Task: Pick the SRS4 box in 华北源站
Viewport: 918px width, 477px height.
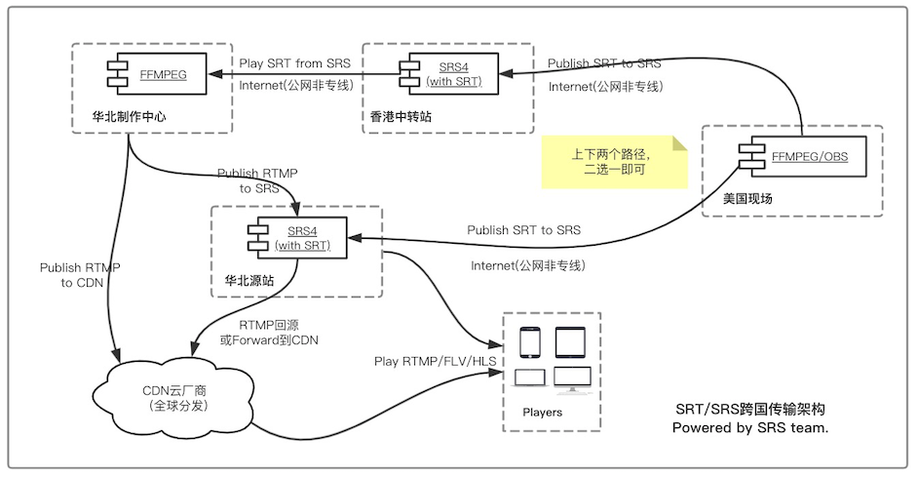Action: pos(301,238)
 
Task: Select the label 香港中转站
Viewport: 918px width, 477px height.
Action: pos(402,115)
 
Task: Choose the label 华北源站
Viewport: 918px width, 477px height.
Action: pos(249,280)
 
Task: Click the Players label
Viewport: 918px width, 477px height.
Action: pos(542,413)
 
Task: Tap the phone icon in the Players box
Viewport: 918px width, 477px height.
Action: pos(529,342)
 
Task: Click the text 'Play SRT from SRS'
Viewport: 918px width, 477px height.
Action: pos(294,64)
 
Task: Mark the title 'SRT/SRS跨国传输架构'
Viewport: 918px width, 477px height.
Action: pos(749,409)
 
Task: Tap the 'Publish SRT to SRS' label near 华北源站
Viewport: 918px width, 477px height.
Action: pos(523,231)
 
